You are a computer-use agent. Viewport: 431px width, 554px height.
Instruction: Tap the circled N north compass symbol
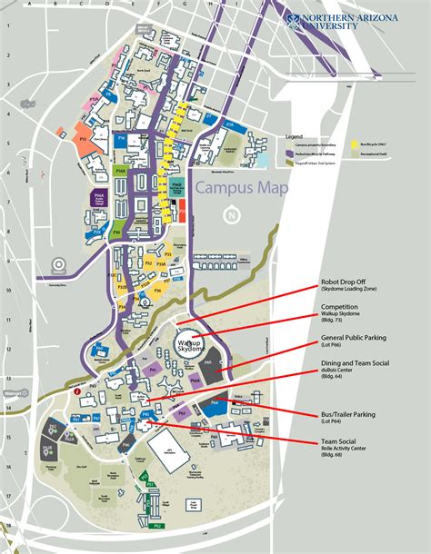(234, 215)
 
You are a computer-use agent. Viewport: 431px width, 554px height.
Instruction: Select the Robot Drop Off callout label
(345, 283)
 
